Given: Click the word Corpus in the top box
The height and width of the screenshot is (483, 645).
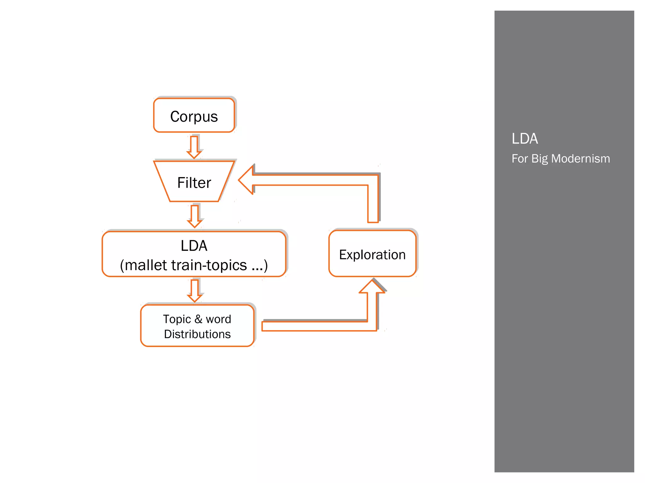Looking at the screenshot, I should point(194,117).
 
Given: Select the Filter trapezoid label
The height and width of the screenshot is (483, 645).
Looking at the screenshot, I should point(194,183).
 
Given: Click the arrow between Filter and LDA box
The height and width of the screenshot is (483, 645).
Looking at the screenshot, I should point(195,216).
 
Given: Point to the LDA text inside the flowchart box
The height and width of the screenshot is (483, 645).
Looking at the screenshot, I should point(194,246).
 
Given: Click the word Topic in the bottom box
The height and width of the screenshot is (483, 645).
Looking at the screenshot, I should point(177,319).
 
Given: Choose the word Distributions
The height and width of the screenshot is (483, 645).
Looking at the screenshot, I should point(197,334).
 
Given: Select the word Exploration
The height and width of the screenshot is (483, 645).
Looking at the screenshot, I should point(372,255).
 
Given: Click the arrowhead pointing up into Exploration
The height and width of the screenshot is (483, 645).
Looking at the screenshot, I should point(372,286).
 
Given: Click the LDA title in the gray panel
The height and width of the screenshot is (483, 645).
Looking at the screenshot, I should point(524,139).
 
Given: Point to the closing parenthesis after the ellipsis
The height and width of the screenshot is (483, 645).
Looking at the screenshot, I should point(266,265).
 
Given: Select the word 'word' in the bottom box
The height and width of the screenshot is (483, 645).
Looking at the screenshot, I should point(218,319).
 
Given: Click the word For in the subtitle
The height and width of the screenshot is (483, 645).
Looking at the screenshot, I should point(519,158).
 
